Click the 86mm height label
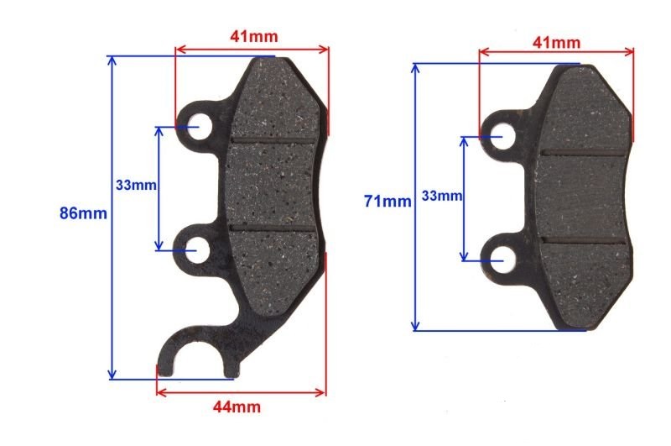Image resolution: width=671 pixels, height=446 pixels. (83, 213)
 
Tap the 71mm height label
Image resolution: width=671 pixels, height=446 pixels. (388, 201)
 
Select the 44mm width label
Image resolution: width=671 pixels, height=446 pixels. (237, 407)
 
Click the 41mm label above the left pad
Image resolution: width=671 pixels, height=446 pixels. (254, 36)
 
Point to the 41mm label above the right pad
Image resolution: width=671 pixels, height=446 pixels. (556, 42)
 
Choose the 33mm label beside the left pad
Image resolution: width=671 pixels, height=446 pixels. (136, 185)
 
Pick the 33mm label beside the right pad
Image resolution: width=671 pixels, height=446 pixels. (442, 196)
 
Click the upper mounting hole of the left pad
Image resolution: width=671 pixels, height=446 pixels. (198, 126)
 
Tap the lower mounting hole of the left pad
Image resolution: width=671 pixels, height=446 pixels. (196, 249)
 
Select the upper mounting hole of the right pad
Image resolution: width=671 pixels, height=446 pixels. (502, 136)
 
